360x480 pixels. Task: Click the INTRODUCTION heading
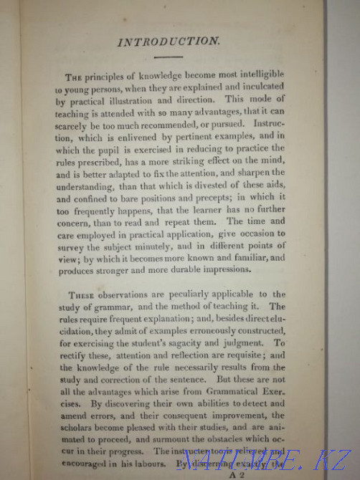(188, 42)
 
